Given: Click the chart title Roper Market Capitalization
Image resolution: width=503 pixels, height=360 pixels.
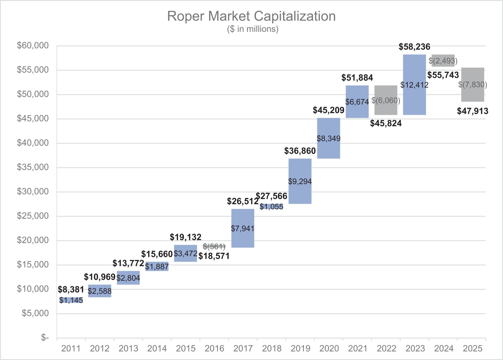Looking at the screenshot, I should tap(251, 16).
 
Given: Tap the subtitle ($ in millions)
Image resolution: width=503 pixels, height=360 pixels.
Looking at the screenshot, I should tap(252, 29).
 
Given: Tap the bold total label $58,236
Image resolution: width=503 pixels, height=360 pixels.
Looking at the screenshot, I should tap(414, 47).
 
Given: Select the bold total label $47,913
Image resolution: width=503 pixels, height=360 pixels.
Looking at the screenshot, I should tap(472, 111).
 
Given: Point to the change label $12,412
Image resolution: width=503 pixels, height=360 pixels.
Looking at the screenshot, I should tap(414, 85).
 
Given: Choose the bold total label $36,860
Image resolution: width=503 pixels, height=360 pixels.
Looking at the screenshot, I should tap(300, 151).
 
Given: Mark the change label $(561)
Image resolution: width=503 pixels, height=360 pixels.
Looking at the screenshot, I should tap(214, 246).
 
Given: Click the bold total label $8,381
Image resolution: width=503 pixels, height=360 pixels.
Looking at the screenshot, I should tap(71, 290).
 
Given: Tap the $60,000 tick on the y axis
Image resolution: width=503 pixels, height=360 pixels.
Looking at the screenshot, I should tap(33, 45).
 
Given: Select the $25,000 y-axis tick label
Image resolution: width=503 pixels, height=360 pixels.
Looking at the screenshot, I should tap(33, 216).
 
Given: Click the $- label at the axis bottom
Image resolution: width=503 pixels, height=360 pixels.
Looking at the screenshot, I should tap(45, 337).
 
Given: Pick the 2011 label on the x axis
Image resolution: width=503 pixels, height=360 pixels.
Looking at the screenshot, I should tap(71, 348).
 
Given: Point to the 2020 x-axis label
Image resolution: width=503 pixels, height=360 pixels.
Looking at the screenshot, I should tap(329, 348).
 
